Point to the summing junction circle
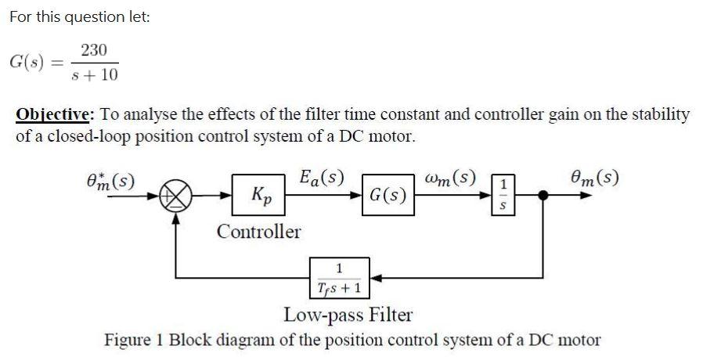click(x=175, y=195)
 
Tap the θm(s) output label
click(x=594, y=176)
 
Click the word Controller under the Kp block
click(x=258, y=232)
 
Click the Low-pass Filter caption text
click(x=348, y=315)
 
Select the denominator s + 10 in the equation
click(x=94, y=75)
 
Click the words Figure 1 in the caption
click(x=134, y=340)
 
